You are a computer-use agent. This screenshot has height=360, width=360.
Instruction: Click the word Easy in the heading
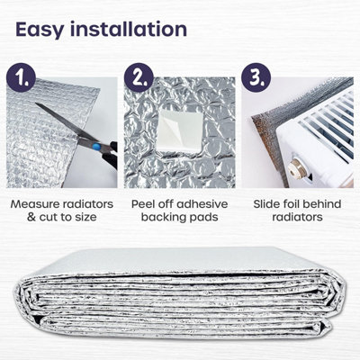click(45, 29)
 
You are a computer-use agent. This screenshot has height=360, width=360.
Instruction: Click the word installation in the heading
click(130, 29)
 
